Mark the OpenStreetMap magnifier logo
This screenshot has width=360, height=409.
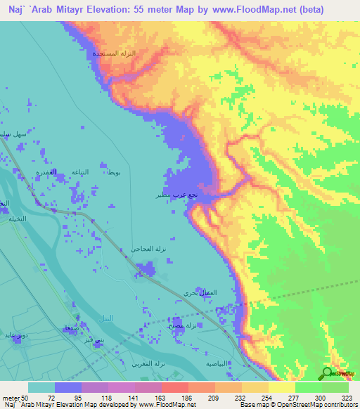[x=328, y=373]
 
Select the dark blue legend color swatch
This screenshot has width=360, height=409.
[x=68, y=387]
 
